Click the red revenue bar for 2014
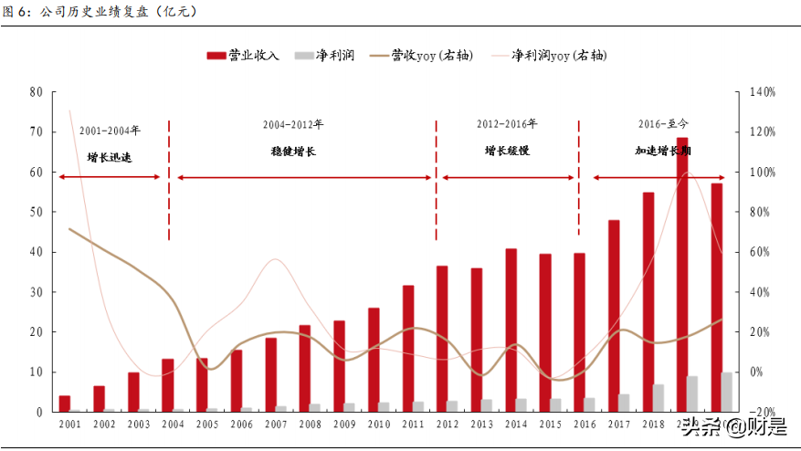pos(511,330)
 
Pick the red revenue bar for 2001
pos(65,403)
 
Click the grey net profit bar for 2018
pos(659,397)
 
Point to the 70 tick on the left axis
pos(37,131)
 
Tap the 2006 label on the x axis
pos(242,425)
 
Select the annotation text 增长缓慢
pos(507,151)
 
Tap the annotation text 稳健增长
pos(293,151)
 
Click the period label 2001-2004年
pos(110,130)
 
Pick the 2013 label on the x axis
pos(482,425)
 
